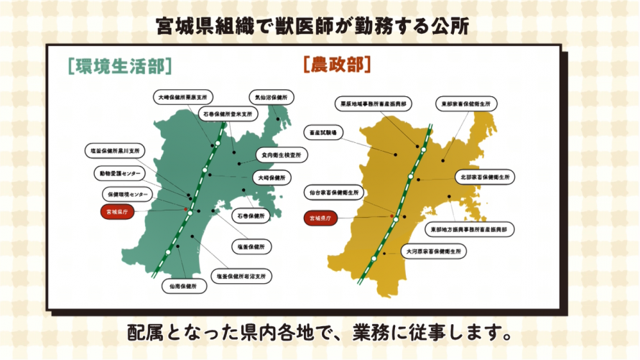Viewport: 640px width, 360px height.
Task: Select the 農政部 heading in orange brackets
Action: point(337,65)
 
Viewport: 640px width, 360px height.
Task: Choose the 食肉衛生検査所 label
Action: point(282,154)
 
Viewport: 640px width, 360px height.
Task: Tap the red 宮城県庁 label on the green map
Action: point(116,213)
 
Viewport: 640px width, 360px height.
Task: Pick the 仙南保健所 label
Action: point(183,285)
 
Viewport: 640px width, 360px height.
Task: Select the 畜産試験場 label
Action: point(324,132)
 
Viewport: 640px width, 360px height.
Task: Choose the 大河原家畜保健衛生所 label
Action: point(433,251)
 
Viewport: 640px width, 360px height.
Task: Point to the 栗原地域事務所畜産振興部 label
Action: point(374,104)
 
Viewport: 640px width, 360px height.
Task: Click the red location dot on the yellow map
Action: point(391,216)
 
